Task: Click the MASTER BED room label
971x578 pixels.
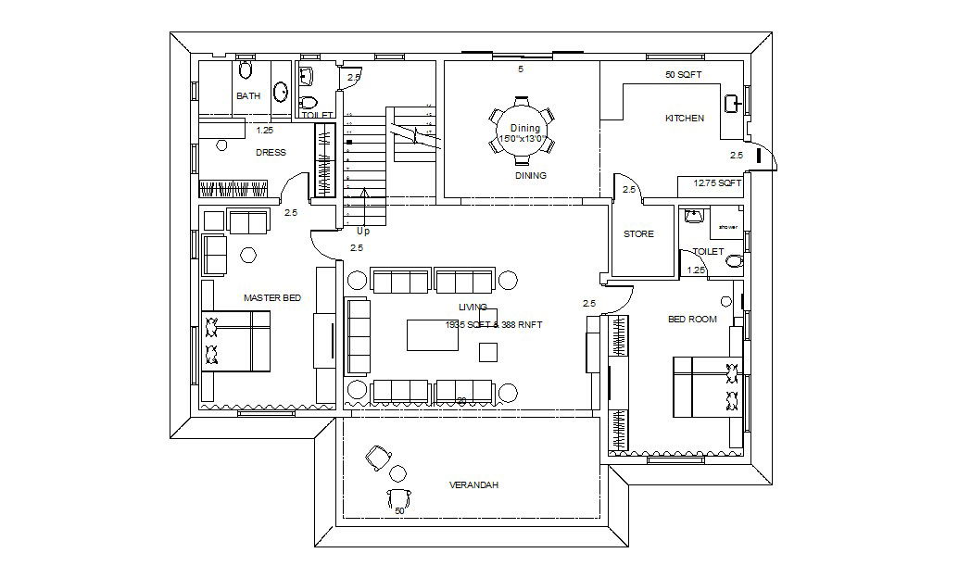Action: point(271,298)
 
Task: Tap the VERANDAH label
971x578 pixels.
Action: point(473,485)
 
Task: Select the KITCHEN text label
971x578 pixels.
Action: point(685,119)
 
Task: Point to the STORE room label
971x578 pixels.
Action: point(638,234)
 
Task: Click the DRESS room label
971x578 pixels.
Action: point(271,153)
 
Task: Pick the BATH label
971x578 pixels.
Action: point(247,96)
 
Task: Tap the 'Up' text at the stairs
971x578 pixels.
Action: point(363,231)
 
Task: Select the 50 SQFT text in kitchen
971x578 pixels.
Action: point(683,75)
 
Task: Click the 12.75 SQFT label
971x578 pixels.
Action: point(718,183)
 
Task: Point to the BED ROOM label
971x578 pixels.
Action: point(692,320)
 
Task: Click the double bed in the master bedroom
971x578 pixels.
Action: point(236,341)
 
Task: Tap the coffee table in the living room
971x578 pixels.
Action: point(432,334)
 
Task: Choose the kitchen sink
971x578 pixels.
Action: point(732,103)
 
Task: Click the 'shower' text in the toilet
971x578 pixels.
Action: point(727,227)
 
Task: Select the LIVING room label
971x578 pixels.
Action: point(473,307)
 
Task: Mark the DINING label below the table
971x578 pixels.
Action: point(531,175)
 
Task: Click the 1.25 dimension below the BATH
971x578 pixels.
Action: point(265,131)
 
